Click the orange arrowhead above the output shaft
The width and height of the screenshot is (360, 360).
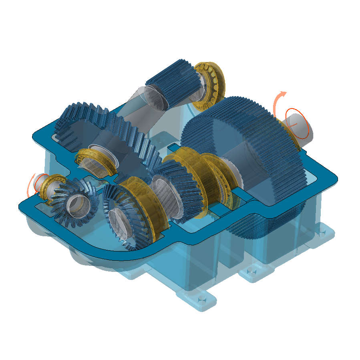pyautogui.click(x=284, y=95)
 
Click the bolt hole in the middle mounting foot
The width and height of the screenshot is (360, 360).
pyautogui.click(x=252, y=272)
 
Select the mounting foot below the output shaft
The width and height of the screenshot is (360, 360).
pyautogui.click(x=322, y=234)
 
